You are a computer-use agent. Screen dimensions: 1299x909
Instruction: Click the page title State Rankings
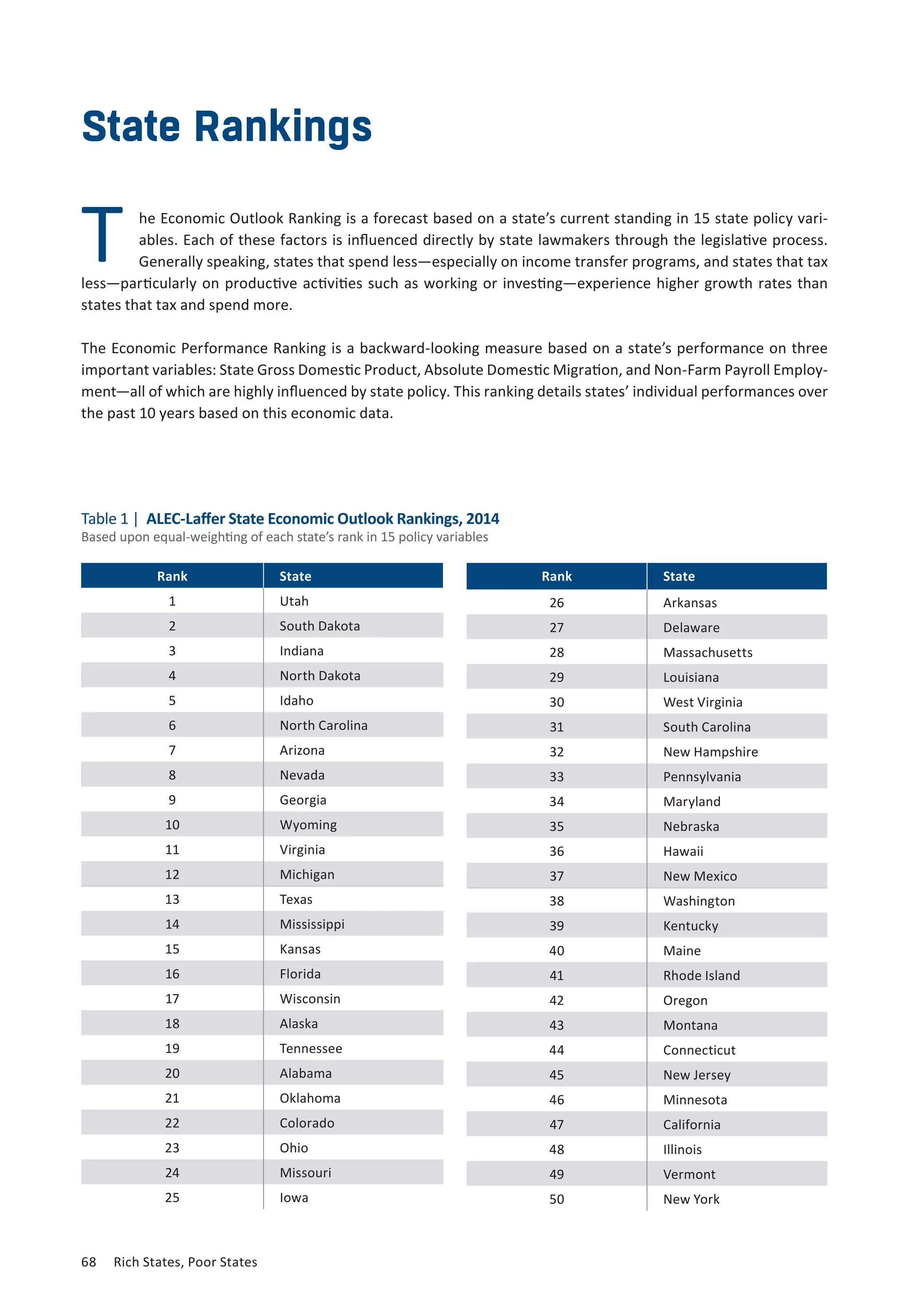(226, 127)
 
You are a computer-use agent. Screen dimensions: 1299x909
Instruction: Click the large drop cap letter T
(103, 234)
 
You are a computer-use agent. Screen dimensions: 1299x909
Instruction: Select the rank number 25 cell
(172, 1197)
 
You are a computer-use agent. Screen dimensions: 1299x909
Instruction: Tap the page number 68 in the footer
(89, 1262)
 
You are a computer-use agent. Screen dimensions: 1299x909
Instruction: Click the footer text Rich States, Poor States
(185, 1262)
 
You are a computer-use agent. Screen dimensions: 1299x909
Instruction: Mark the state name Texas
(296, 899)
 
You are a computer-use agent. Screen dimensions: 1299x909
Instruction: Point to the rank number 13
(172, 899)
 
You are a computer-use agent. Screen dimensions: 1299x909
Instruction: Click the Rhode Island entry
(701, 975)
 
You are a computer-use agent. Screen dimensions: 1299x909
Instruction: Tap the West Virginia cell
(702, 702)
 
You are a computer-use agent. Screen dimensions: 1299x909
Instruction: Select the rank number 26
(556, 602)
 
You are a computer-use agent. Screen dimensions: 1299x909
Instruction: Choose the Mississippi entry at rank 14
(312, 924)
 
